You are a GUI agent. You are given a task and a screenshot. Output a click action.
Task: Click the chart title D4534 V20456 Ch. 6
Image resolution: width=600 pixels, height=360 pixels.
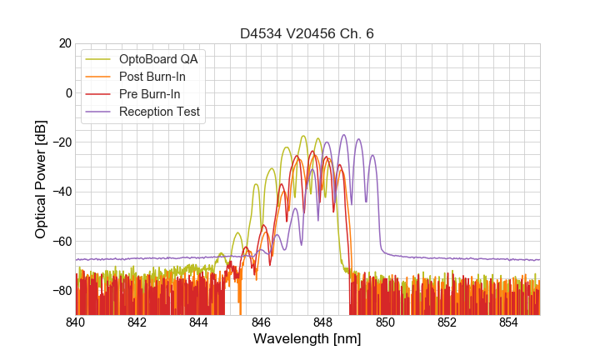[x=307, y=33]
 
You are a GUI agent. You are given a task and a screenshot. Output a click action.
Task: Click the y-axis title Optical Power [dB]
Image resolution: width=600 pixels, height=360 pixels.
[x=41, y=179]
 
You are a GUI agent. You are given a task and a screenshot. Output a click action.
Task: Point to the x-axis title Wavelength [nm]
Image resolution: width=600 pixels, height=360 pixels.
[x=307, y=339]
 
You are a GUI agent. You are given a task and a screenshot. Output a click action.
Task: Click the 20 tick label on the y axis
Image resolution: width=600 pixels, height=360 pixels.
[x=63, y=43]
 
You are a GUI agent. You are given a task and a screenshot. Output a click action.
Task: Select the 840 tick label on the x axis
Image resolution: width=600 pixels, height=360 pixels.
[x=76, y=322]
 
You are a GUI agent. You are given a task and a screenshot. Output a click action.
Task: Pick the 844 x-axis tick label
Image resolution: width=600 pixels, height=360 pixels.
[x=199, y=322]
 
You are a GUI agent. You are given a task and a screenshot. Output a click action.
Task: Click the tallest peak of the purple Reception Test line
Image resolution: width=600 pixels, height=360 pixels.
[x=343, y=135]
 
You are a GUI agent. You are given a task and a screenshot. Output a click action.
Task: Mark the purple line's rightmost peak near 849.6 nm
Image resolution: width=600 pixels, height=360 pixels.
[x=372, y=155]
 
